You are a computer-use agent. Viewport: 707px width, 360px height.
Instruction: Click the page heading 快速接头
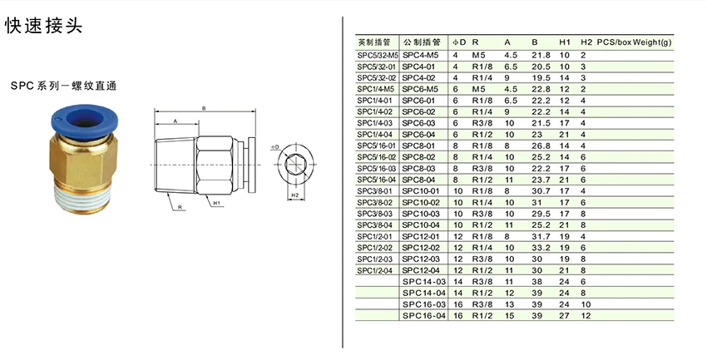tap(44, 26)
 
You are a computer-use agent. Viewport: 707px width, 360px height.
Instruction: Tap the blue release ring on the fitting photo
tap(85, 120)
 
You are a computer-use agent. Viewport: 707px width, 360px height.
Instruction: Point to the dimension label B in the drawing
tap(204, 108)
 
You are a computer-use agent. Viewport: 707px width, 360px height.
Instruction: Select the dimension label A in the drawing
tap(176, 121)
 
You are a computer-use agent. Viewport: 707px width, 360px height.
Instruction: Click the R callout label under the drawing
tap(180, 207)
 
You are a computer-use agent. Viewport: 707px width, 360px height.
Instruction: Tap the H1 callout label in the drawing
tap(216, 203)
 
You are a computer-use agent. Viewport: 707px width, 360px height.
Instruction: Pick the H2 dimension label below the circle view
tap(295, 195)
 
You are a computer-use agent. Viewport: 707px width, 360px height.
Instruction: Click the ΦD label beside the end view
tap(275, 147)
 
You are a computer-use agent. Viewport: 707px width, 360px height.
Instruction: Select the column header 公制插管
tap(421, 42)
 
